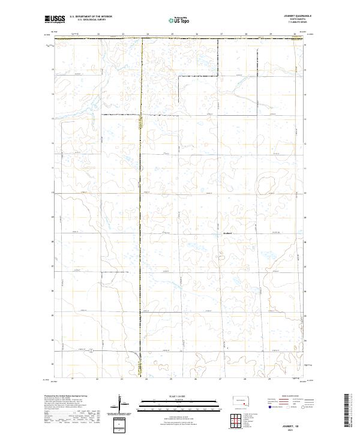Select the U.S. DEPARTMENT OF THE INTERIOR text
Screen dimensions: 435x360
[91, 16]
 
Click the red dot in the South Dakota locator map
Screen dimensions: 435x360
[242, 404]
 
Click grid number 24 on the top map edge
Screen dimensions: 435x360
[147, 34]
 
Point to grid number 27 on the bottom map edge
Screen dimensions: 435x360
[220, 379]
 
